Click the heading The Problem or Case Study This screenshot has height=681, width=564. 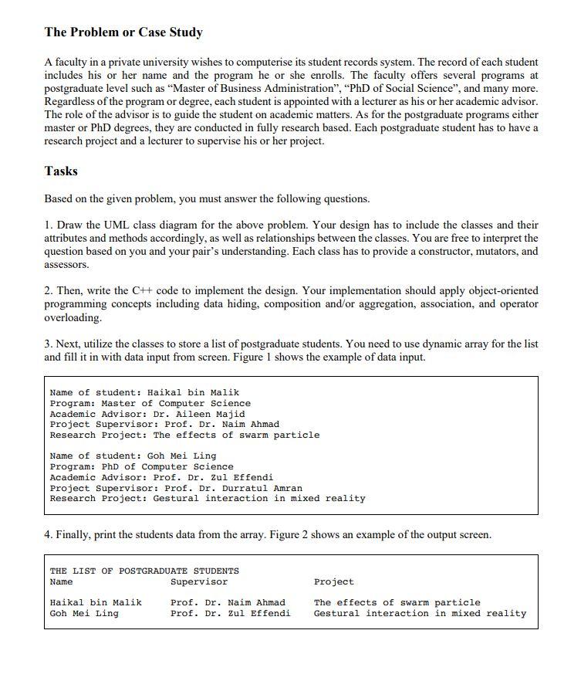(x=123, y=32)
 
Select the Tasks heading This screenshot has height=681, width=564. (x=61, y=171)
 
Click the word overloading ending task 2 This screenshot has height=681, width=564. (x=73, y=317)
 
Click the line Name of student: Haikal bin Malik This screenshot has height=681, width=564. (x=144, y=392)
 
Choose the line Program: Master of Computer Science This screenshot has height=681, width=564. (x=150, y=403)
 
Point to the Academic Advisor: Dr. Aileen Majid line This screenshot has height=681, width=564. (x=147, y=414)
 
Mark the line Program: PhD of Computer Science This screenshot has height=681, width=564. (x=141, y=466)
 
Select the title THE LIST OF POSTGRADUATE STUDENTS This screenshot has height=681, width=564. (x=144, y=571)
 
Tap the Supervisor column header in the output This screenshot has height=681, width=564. (x=199, y=581)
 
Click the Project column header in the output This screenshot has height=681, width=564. (x=333, y=581)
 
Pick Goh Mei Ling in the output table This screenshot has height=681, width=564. (x=84, y=614)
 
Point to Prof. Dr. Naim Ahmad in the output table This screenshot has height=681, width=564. (x=228, y=602)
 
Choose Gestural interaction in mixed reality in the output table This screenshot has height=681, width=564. (x=420, y=614)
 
